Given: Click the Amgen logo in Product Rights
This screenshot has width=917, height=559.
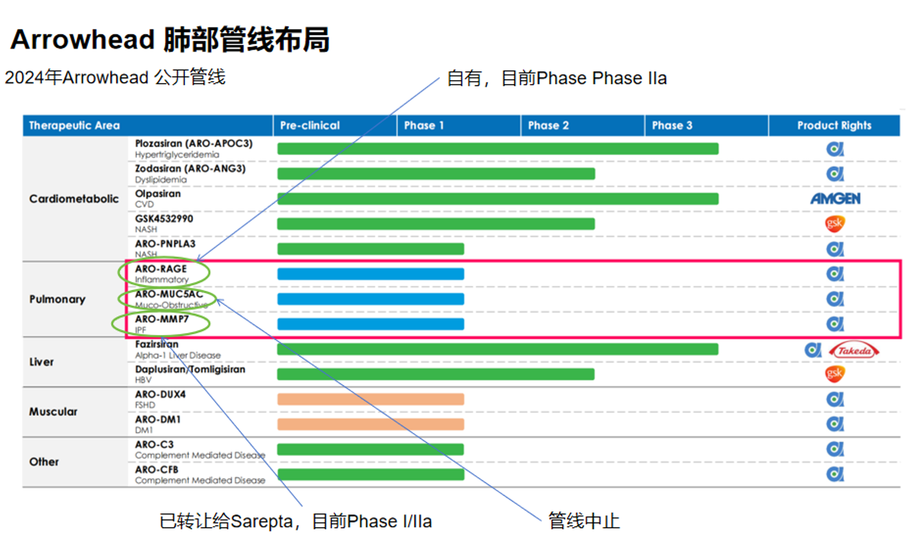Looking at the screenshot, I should point(835,199).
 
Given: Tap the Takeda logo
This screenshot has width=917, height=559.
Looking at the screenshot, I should point(854,350).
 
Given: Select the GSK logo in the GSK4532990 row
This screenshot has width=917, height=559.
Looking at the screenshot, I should point(835,224).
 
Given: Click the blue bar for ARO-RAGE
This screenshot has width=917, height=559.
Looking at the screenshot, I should point(370,274).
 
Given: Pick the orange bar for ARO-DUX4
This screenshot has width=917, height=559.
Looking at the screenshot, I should point(370,399).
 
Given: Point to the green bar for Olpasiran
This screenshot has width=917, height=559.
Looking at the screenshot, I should point(497,199).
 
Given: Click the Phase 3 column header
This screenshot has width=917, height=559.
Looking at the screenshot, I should point(672,126).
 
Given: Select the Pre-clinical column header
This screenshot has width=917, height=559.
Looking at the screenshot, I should point(309,126).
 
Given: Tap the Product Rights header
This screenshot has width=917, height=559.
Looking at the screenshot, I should point(834,126).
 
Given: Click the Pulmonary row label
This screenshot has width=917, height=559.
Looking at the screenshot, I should point(57,299).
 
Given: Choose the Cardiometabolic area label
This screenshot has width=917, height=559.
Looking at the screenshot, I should point(74,199).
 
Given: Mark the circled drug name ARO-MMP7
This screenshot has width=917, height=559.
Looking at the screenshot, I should point(162,319).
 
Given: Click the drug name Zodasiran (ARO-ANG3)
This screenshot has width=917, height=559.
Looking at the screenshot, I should point(190,168).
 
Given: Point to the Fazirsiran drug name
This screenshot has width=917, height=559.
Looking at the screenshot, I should point(156,344).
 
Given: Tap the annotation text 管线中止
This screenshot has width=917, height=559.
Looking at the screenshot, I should point(584,521).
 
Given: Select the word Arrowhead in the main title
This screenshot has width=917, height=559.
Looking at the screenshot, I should point(82,40).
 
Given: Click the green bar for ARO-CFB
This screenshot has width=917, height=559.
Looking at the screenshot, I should point(370,474).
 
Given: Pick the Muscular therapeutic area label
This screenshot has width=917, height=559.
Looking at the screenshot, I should point(53,412).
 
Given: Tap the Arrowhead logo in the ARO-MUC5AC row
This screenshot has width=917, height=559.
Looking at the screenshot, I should point(835,299).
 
